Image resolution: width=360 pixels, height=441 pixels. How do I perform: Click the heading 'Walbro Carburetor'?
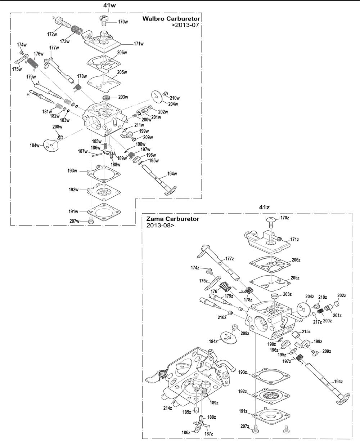[171, 18]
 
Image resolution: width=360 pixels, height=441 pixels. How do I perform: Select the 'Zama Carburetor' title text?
[172, 219]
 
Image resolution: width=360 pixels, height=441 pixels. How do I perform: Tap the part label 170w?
[123, 22]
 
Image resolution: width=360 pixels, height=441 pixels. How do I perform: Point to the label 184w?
[35, 145]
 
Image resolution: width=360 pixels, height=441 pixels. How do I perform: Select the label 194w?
[172, 174]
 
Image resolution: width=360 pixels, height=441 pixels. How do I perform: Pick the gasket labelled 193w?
[104, 172]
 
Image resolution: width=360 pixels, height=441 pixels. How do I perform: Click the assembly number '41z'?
[264, 207]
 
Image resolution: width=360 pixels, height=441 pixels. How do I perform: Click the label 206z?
[296, 260]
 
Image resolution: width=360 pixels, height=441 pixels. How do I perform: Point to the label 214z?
[168, 408]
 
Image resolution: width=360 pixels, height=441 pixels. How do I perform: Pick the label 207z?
[245, 426]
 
